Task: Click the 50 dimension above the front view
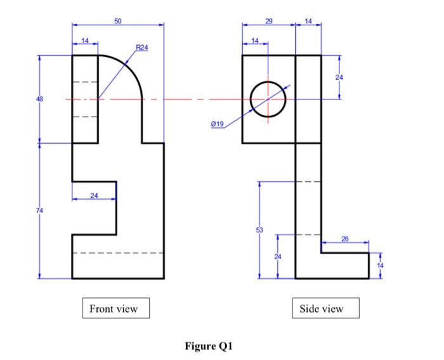[118, 21]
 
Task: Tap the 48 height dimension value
[39, 99]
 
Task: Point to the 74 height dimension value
[39, 210]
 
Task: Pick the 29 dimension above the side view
[268, 22]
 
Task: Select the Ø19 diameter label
[217, 125]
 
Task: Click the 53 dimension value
[259, 229]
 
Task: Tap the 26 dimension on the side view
[345, 239]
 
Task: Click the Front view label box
[114, 309]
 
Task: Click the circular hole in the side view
[268, 100]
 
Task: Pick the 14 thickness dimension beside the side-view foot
[379, 265]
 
